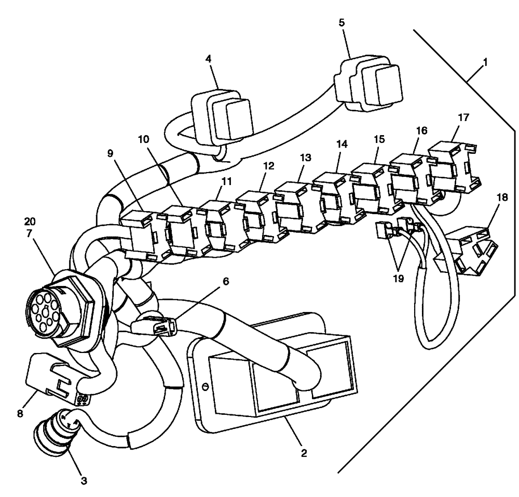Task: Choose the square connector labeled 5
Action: click(x=370, y=86)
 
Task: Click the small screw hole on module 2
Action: click(x=205, y=387)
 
